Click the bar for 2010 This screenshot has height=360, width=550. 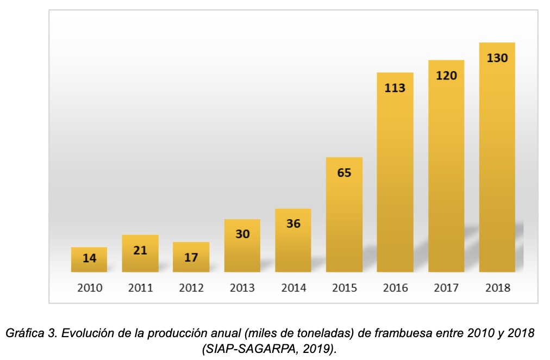tap(89, 260)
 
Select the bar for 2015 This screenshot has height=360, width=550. tap(344, 215)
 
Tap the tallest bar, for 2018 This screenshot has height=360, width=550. tap(497, 158)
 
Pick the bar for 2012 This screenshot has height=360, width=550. tap(191, 257)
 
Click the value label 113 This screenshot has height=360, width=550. tap(395, 88)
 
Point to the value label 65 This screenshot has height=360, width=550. tap(344, 173)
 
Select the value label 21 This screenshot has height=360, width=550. tap(140, 251)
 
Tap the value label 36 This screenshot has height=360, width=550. tap(293, 224)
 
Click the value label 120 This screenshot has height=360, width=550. tap(446, 76)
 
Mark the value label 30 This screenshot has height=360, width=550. tap(242, 234)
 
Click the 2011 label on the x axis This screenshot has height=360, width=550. tap(140, 288)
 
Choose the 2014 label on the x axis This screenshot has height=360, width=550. tap(293, 288)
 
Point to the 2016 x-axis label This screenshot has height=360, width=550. tap(395, 288)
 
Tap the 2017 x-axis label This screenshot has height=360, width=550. tap(446, 288)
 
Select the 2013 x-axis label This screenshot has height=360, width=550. tap(242, 288)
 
